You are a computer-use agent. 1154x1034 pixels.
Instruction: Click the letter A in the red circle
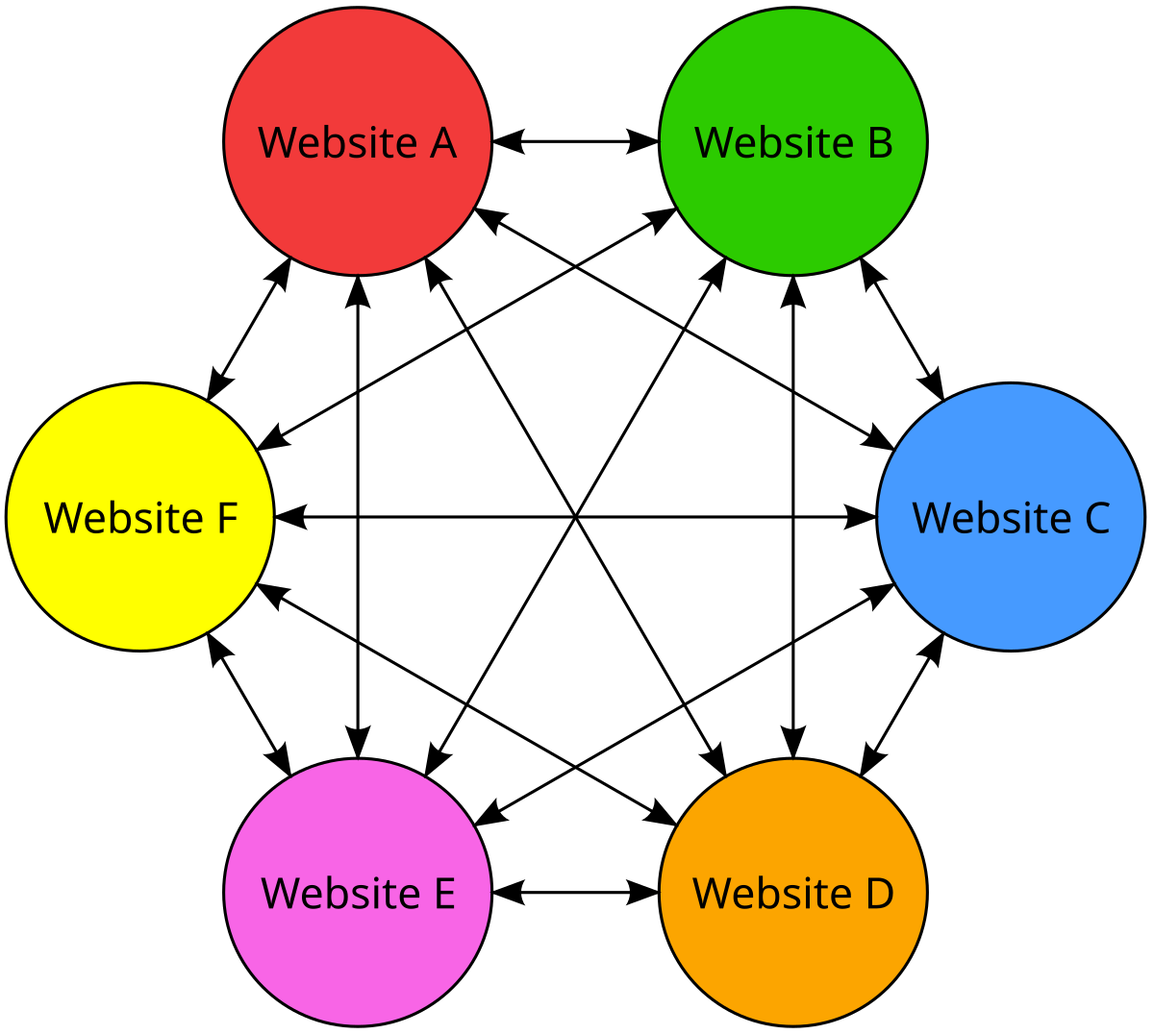click(x=442, y=143)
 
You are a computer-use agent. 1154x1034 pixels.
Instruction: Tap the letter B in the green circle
click(x=880, y=143)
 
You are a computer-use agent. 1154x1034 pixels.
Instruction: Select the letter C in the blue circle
click(x=1097, y=519)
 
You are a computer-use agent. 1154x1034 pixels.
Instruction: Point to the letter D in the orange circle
click(x=879, y=894)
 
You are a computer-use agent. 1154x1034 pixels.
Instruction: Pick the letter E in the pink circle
click(x=444, y=894)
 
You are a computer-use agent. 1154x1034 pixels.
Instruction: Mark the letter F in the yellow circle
click(x=227, y=519)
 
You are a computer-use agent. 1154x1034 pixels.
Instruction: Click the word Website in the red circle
click(x=338, y=143)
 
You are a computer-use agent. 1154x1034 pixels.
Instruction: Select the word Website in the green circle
click(x=774, y=143)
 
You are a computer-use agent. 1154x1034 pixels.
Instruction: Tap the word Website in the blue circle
click(x=991, y=519)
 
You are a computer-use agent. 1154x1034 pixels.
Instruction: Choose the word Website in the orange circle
click(x=772, y=894)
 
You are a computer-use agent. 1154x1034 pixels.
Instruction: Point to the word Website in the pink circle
click(x=340, y=894)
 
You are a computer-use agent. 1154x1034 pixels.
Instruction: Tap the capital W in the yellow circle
click(x=63, y=519)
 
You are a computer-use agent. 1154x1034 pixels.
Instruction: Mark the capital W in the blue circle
click(x=932, y=519)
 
